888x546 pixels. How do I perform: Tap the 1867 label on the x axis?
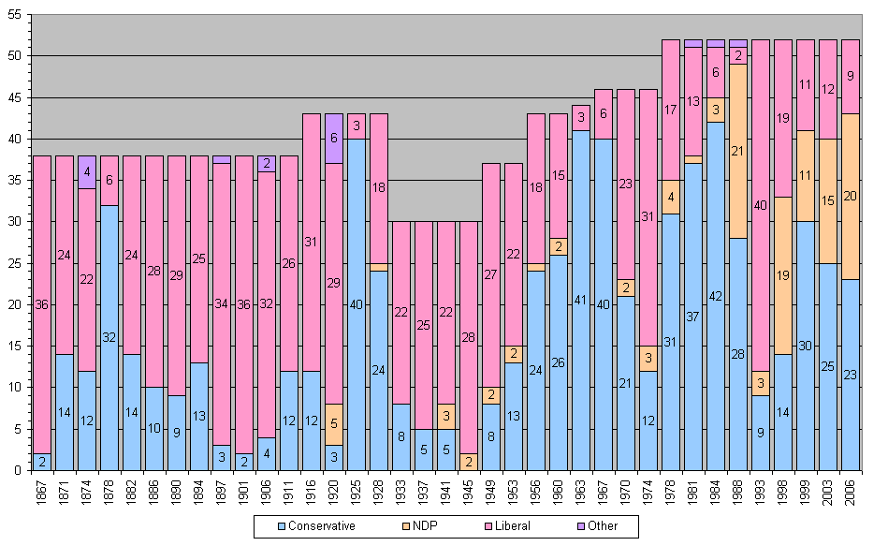(42, 492)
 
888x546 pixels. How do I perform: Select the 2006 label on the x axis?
(851, 492)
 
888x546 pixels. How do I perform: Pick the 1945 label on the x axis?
(469, 492)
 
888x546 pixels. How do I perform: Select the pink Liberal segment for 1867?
(42, 304)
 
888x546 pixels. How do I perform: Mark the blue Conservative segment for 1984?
(716, 296)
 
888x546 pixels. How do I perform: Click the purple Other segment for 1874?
(87, 172)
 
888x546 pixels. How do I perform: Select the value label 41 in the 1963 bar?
(581, 300)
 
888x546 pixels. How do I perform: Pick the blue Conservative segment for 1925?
(357, 304)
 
